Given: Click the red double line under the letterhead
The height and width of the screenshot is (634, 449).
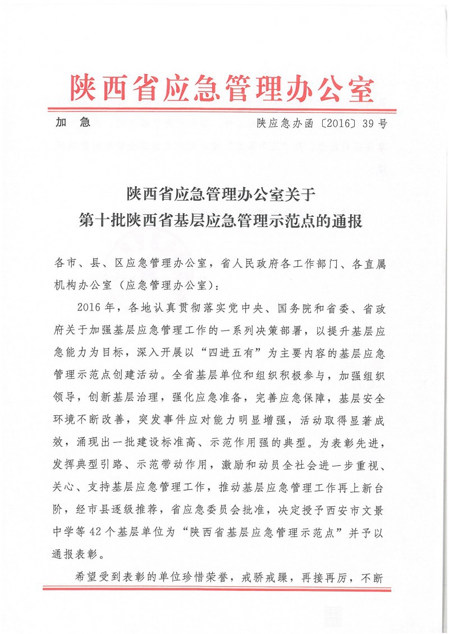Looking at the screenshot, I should [222, 110].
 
